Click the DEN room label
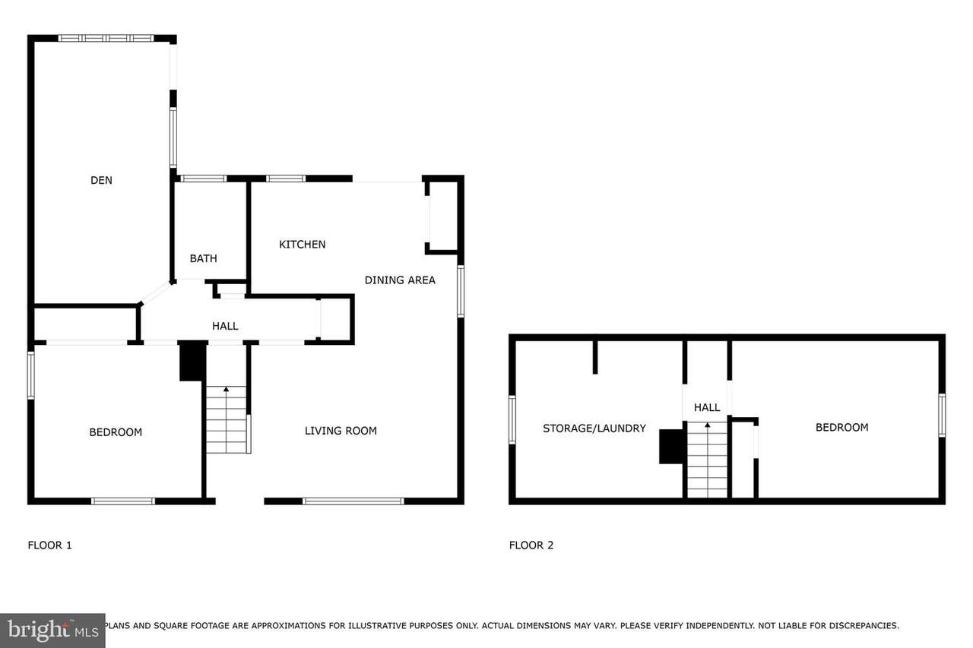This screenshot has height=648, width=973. (x=101, y=180)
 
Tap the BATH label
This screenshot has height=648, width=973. (x=203, y=259)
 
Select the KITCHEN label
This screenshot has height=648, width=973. (x=303, y=245)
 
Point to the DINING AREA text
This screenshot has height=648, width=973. (x=400, y=280)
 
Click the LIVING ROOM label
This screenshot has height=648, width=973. (x=341, y=431)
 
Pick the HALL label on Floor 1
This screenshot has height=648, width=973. (x=225, y=326)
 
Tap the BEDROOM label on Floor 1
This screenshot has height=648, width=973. (x=116, y=432)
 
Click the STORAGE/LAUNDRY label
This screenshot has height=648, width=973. (x=594, y=428)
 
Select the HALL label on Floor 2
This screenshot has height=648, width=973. (x=707, y=407)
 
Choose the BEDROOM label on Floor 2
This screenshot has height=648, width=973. (x=841, y=428)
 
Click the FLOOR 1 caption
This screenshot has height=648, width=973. (x=49, y=545)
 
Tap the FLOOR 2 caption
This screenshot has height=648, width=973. (x=531, y=545)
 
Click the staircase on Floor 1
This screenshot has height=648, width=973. (x=227, y=419)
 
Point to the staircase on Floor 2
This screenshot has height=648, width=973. (x=707, y=460)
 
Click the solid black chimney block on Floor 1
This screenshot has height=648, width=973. (x=193, y=362)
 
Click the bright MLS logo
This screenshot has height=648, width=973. (x=52, y=631)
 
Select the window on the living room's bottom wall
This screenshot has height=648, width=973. (x=353, y=501)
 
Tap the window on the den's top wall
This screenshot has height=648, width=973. (x=106, y=38)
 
